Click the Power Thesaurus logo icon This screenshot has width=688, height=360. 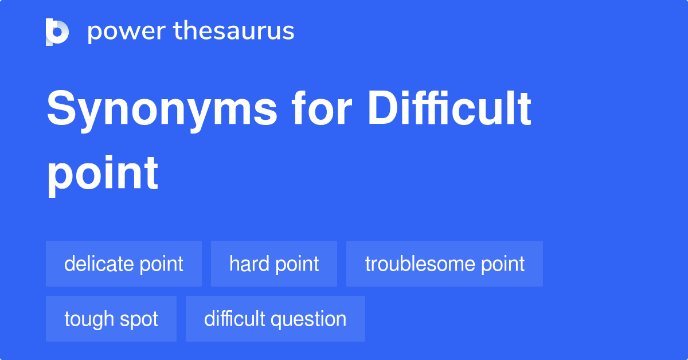pyautogui.click(x=57, y=32)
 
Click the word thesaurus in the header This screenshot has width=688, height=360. pyautogui.click(x=234, y=32)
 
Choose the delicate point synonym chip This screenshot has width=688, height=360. pyautogui.click(x=124, y=264)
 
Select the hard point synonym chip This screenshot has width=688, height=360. pyautogui.click(x=274, y=264)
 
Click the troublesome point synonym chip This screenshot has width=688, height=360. pyautogui.click(x=444, y=264)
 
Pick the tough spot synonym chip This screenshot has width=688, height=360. pyautogui.click(x=111, y=319)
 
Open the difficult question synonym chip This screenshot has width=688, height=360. pyautogui.click(x=275, y=319)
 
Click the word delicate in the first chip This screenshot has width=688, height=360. pyautogui.click(x=99, y=264)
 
